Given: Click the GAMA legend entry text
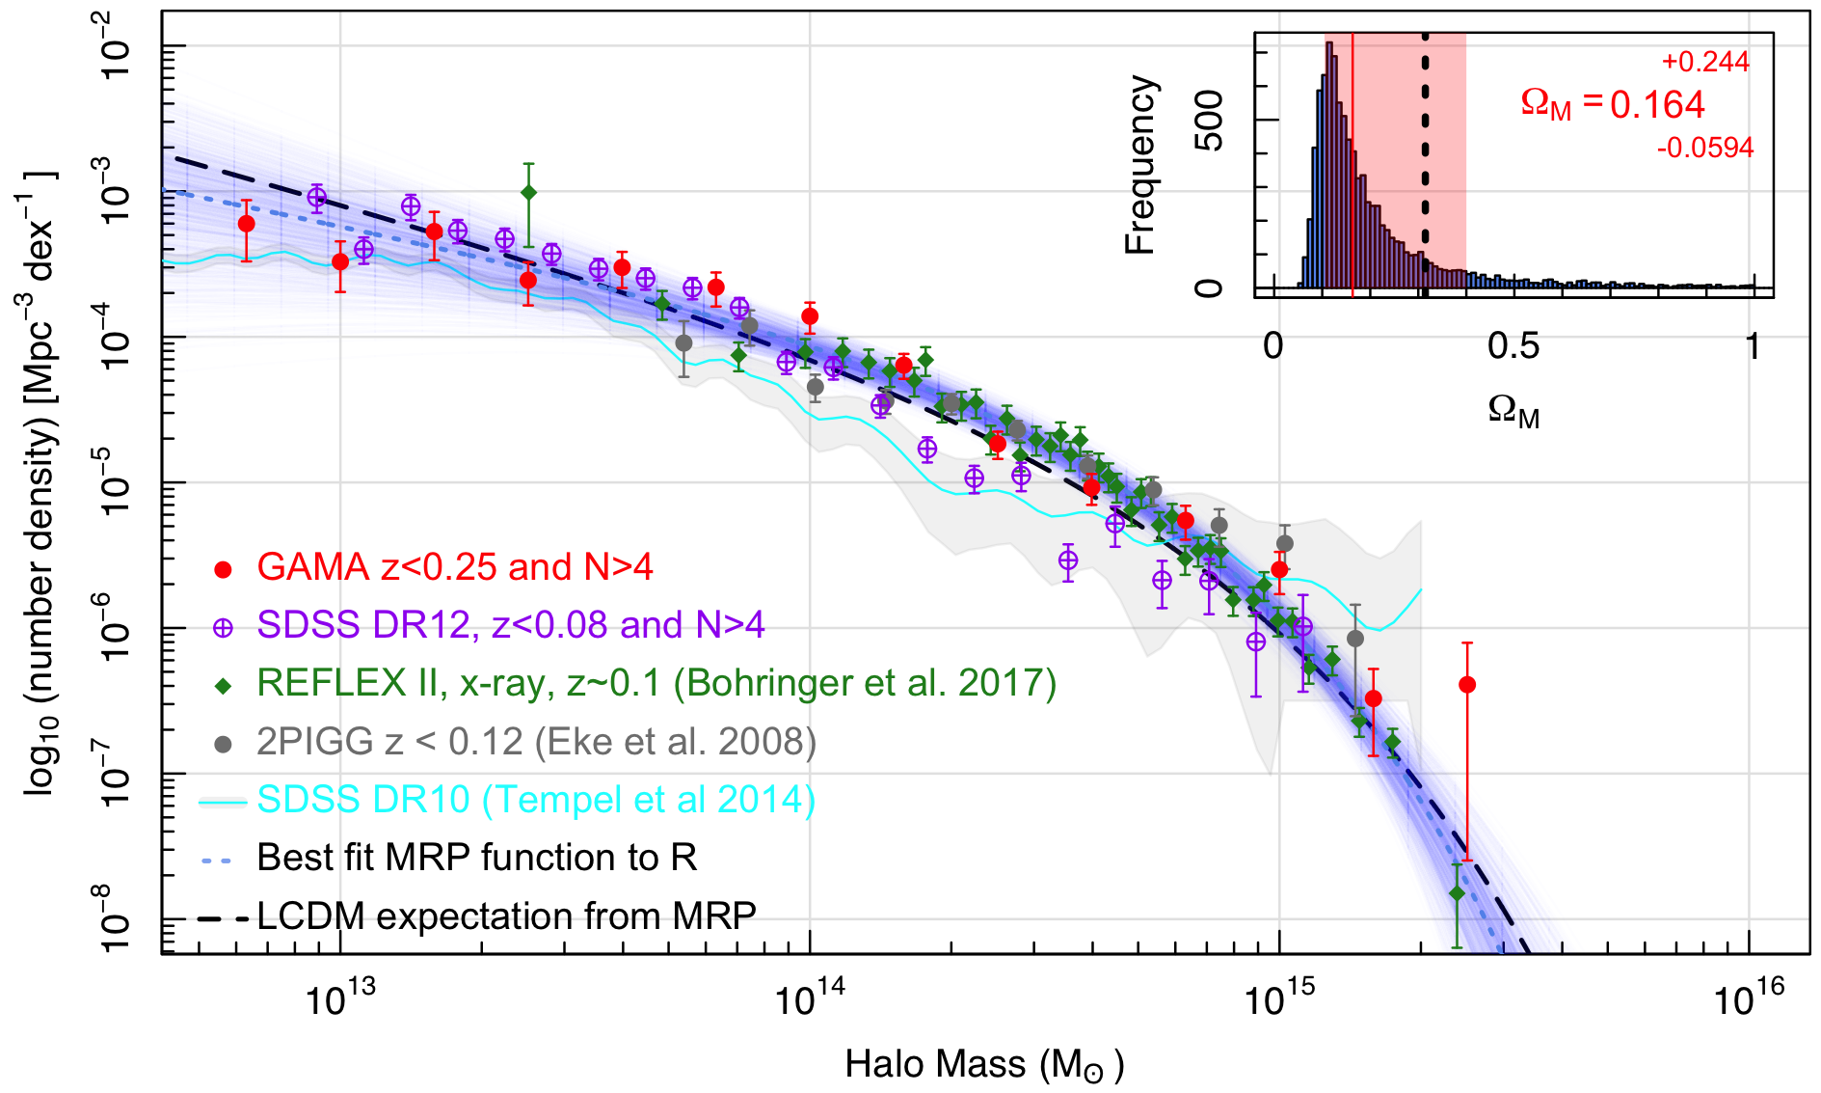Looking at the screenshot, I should click(454, 567).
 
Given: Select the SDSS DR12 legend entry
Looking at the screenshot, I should click(510, 625).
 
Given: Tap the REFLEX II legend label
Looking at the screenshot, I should click(656, 683).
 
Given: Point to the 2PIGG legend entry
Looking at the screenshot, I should click(536, 742).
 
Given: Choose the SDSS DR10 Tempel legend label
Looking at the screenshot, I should click(536, 800).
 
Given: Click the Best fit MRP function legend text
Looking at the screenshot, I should click(476, 858).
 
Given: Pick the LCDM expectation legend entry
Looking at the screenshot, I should click(506, 915).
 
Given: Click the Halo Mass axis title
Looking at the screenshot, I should click(984, 1065).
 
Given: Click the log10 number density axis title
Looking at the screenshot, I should click(40, 482).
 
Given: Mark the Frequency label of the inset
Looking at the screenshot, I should click(1140, 165).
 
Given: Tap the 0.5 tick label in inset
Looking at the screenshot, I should click(1513, 346).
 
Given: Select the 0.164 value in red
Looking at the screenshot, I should click(1657, 105).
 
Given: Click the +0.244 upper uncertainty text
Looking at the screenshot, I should click(1704, 62).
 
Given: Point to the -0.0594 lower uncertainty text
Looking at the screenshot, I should click(1704, 148).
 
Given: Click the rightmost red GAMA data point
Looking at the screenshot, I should click(1467, 685).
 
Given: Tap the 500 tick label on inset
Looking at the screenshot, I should click(1209, 121).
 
